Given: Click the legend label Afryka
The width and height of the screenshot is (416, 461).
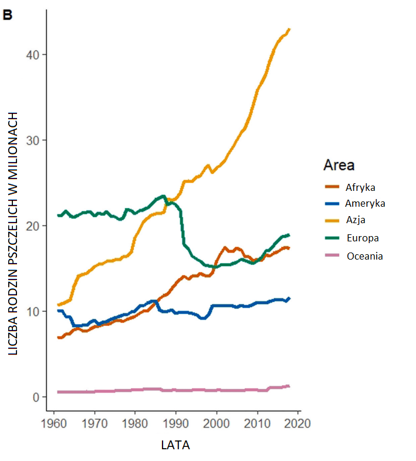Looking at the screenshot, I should coord(360,187).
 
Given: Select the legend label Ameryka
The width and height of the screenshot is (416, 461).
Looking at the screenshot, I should coord(365,204).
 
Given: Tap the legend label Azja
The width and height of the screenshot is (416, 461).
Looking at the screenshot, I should coord(356,221).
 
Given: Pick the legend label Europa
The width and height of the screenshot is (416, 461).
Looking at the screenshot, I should coord(362,238).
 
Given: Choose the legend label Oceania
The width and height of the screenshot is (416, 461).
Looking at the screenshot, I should coord(364,255).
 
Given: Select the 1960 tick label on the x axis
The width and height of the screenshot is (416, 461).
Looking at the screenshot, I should coord(54,423).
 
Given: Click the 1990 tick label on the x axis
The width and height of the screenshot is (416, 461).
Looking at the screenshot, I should coord(176,423).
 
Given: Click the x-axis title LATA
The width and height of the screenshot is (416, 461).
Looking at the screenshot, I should coord(175,445).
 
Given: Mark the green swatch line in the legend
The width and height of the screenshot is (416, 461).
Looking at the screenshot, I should coord(333,238).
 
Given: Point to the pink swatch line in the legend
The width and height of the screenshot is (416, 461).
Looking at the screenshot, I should coord(333,255).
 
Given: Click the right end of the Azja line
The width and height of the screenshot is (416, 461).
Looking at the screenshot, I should coord(290,29).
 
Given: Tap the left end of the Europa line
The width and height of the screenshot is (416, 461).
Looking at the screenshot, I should coord(58,215).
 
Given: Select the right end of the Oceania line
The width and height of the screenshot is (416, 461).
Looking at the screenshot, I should coord(289,386).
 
